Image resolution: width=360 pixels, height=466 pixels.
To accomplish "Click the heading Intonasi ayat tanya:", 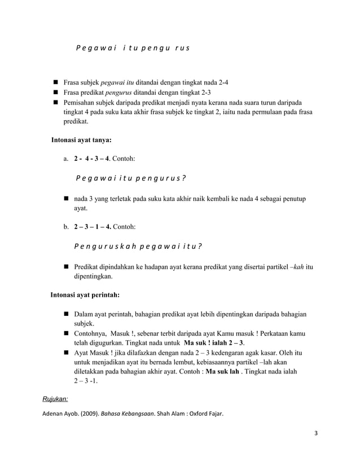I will coord(81,139).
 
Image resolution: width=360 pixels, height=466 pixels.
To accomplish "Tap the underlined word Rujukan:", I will coord(55,399).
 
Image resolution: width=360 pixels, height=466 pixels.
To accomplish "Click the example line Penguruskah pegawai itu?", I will coord(139,247).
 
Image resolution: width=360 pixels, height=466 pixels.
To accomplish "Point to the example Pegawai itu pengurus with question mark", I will coord(130,178).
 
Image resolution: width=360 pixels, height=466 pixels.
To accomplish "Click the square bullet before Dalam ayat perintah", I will coord(67,314).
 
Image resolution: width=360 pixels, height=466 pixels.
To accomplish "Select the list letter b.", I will coord(67,227).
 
